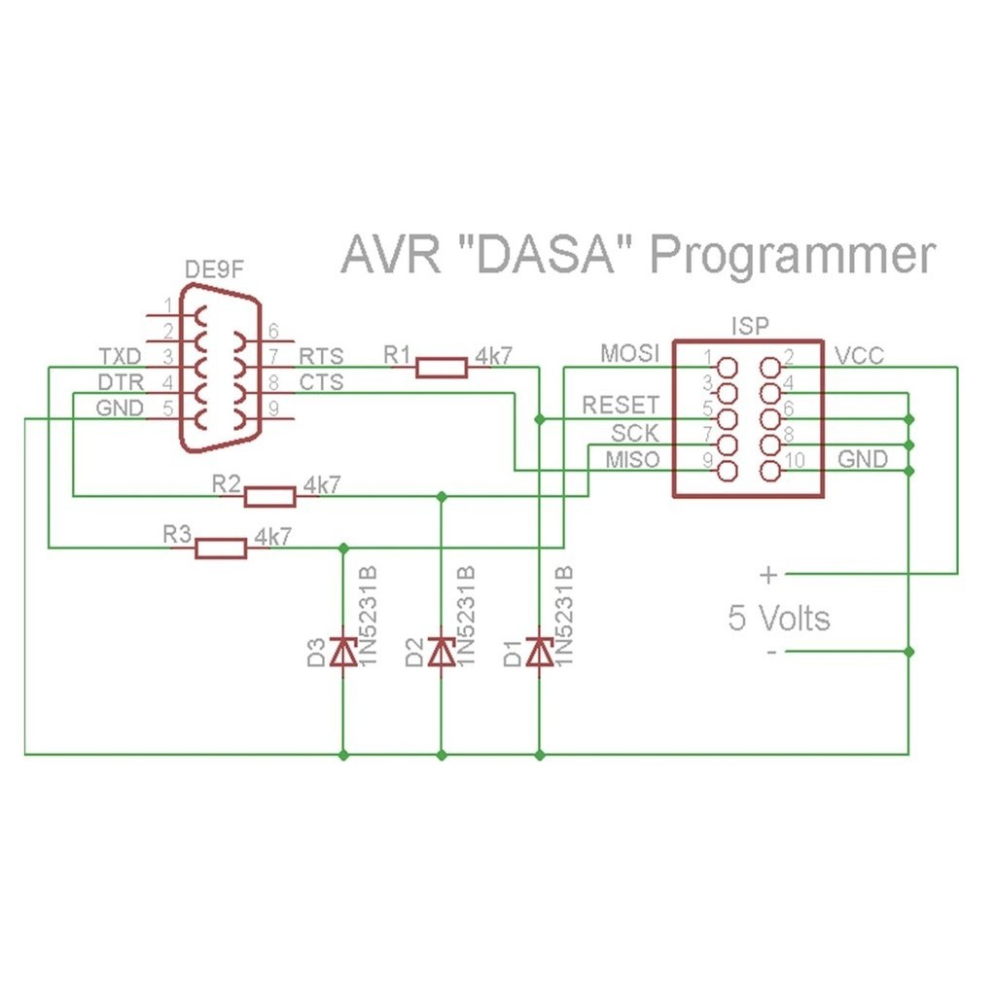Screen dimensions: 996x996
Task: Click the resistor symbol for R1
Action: click(441, 367)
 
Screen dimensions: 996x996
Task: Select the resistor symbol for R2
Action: click(268, 496)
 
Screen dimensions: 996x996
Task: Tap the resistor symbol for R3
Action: click(221, 548)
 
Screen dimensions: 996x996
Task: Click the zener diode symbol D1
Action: click(539, 652)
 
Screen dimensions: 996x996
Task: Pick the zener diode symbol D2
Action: click(442, 652)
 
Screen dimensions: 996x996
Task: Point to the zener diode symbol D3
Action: click(342, 652)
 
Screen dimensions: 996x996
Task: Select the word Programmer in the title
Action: click(792, 257)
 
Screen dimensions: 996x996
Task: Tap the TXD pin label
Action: click(121, 356)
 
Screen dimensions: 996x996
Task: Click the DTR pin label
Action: click(121, 382)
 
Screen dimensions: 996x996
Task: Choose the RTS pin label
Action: click(321, 356)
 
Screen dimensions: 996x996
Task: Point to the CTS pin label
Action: click(321, 382)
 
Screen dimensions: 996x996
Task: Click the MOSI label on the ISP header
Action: click(629, 352)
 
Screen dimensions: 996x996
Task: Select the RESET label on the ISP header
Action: click(621, 405)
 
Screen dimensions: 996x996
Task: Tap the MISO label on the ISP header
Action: click(631, 459)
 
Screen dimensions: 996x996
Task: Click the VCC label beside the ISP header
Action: click(860, 356)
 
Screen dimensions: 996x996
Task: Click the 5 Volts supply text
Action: click(779, 618)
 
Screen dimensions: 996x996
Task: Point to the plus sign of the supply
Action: click(768, 575)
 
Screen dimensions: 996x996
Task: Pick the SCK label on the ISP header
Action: click(635, 432)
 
